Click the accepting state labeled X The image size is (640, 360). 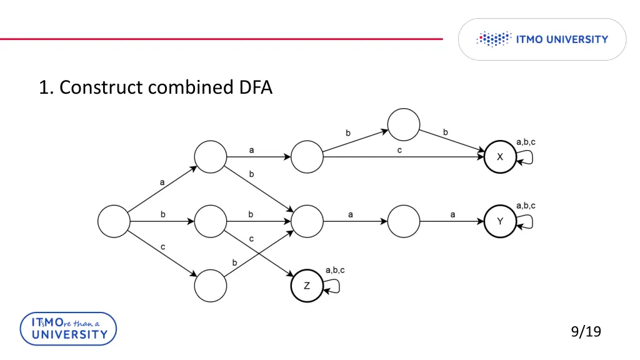(500, 157)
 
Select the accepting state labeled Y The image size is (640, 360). (500, 221)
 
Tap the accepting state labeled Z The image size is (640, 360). (307, 286)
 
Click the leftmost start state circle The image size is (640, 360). (114, 221)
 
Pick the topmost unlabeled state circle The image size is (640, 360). (403, 124)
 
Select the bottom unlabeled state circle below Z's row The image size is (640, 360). (211, 286)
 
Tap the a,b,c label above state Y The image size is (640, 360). (526, 206)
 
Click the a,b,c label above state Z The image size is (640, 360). (335, 270)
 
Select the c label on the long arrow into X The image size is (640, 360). (399, 151)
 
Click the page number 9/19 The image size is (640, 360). (586, 331)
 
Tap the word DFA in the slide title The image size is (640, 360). (256, 87)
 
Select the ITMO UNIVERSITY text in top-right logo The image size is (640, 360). (562, 39)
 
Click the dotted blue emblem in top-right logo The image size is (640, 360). (494, 39)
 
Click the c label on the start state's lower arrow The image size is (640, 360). (162, 247)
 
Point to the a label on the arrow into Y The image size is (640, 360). (452, 214)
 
